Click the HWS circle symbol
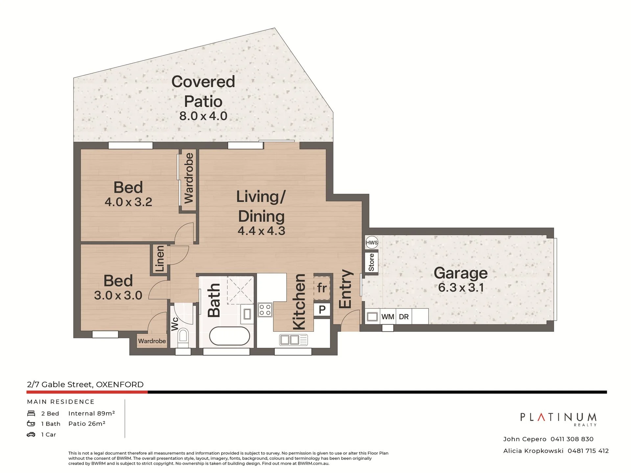(x=372, y=243)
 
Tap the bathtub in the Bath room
(x=230, y=336)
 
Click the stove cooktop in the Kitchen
(x=265, y=309)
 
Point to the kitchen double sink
(x=293, y=340)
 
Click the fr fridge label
(x=322, y=288)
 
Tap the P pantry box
(x=322, y=309)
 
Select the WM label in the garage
(x=388, y=317)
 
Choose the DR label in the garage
(x=404, y=317)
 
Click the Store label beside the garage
(x=371, y=262)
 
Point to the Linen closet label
(x=160, y=259)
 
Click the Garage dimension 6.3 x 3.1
(x=461, y=288)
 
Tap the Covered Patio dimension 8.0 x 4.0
(x=203, y=116)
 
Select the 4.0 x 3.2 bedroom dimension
(x=128, y=202)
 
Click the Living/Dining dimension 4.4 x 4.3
(x=261, y=231)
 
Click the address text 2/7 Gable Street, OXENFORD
(x=85, y=384)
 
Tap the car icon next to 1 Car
(x=31, y=435)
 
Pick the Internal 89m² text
(x=92, y=413)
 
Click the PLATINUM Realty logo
(x=558, y=419)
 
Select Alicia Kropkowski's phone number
(x=588, y=451)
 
